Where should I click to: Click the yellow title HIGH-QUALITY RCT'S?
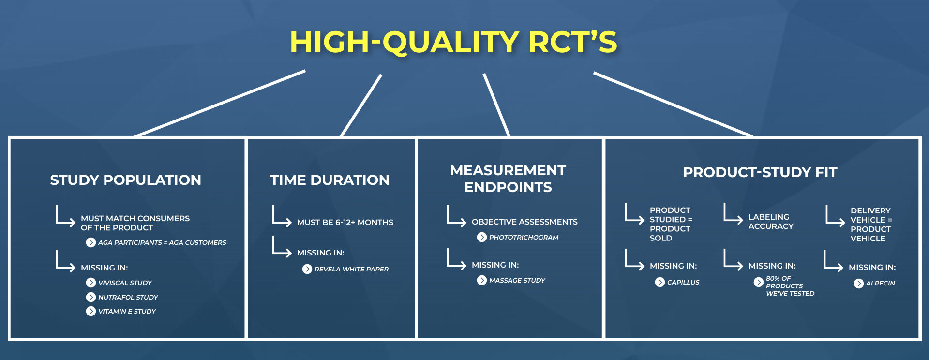click(x=453, y=42)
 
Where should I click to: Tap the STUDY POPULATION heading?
click(x=126, y=180)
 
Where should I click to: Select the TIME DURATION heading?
click(x=330, y=180)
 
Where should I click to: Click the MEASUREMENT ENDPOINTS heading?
click(x=508, y=179)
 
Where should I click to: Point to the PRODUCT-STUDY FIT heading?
click(x=760, y=172)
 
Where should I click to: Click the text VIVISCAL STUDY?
click(x=125, y=283)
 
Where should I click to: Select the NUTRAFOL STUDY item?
click(x=128, y=297)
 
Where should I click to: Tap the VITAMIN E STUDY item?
click(x=127, y=311)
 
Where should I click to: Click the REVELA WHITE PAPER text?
click(x=351, y=269)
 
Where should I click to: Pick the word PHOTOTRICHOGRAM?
click(x=524, y=237)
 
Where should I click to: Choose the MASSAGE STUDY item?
click(x=517, y=280)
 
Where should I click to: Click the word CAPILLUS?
click(x=683, y=282)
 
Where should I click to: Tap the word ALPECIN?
click(x=880, y=283)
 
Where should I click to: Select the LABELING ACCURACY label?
click(x=771, y=222)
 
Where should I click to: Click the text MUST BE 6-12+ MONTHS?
click(x=345, y=222)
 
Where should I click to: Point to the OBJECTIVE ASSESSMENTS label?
click(x=524, y=222)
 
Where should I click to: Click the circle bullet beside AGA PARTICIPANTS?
click(x=90, y=242)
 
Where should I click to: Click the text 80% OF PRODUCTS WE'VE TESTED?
click(x=790, y=286)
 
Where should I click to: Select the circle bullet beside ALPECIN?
click(x=858, y=284)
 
